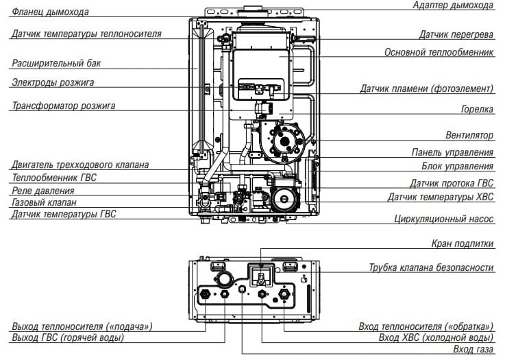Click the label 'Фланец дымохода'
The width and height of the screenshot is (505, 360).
pyautogui.click(x=50, y=12)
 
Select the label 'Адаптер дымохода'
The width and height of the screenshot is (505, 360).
pyautogui.click(x=453, y=5)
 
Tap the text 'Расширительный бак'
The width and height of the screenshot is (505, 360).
pyautogui.click(x=56, y=63)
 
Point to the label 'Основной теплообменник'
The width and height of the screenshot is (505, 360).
pyautogui.click(x=439, y=52)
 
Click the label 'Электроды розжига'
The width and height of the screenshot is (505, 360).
pyautogui.click(x=53, y=82)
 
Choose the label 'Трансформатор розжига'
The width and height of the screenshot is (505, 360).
pyautogui.click(x=63, y=106)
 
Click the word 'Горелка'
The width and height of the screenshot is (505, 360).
pyautogui.click(x=478, y=109)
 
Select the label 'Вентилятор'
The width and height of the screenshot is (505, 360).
pyautogui.click(x=469, y=135)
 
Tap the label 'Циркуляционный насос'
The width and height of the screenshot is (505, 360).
pyautogui.click(x=444, y=219)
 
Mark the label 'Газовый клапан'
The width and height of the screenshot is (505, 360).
pyautogui.click(x=44, y=202)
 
